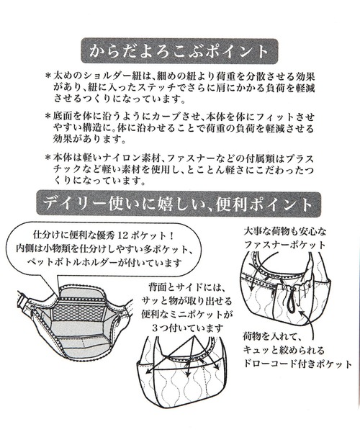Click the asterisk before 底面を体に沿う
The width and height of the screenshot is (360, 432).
tap(48, 116)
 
